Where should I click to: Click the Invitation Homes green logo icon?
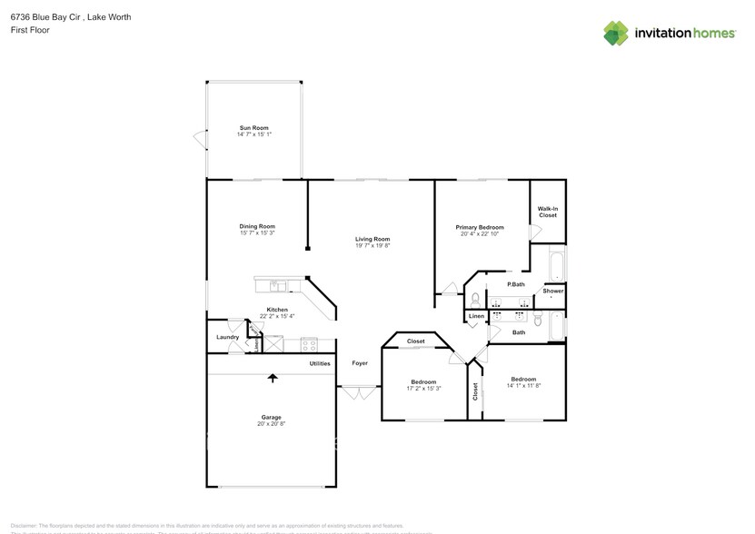[x=616, y=34]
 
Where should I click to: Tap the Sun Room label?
[x=253, y=128]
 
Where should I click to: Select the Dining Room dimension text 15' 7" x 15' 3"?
[x=257, y=232]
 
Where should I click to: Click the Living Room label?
[x=373, y=239]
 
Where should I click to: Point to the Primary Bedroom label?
[x=479, y=227]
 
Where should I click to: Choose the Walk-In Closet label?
[x=548, y=213]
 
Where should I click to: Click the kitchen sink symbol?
[x=278, y=286]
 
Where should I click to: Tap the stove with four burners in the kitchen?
[x=309, y=344]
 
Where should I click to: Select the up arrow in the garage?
[x=271, y=377]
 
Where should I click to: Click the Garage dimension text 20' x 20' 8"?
[x=271, y=423]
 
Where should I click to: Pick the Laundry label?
[x=227, y=337]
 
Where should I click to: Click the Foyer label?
[x=360, y=363]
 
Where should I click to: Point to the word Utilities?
[x=320, y=363]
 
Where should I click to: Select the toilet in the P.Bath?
[x=474, y=299]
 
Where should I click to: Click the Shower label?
[x=553, y=291]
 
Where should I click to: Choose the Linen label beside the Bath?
[x=476, y=316]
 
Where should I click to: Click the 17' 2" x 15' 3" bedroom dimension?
[x=423, y=388]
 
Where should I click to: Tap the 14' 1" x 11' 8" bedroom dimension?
[x=523, y=385]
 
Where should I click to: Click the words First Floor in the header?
[x=30, y=30]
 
